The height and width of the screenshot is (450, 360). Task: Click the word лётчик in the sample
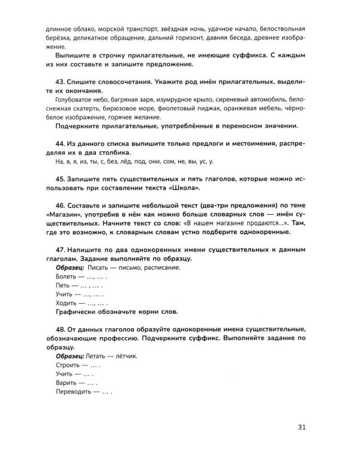[x=124, y=355]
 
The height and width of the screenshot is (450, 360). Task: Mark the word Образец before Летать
[x=71, y=355]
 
